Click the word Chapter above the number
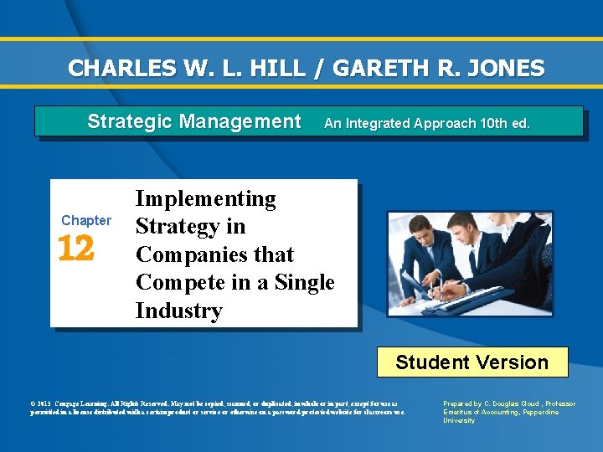click(85, 220)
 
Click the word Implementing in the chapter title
click(205, 198)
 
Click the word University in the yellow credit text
click(459, 420)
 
